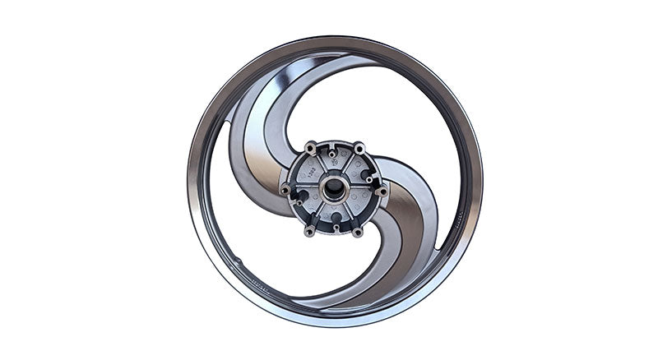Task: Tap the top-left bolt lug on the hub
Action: click(310, 147)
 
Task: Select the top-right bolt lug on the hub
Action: click(359, 147)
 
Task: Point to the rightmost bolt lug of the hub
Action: click(382, 191)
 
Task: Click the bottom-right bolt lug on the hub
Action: click(358, 232)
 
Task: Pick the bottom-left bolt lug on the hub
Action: click(309, 232)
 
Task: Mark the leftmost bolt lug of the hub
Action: click(285, 190)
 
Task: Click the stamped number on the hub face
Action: click(313, 171)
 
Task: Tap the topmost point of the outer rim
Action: click(334, 37)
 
